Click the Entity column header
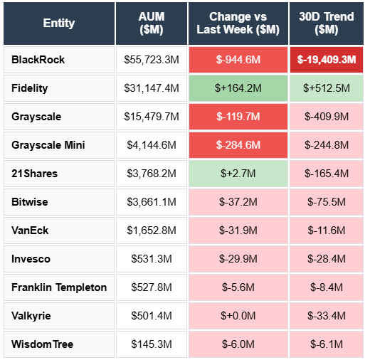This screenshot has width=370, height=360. pos(58,23)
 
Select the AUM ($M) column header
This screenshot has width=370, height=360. pos(152,23)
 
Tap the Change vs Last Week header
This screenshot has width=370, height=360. pos(238,23)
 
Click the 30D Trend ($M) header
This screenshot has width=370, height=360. pos(327,23)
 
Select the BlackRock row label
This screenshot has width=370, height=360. pos(38,60)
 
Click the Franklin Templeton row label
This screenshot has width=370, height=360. pos(59,287)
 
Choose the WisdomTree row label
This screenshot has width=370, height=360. pos(43,344)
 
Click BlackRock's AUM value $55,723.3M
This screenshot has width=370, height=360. pos(152,60)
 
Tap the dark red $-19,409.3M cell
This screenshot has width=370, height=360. pos(327,60)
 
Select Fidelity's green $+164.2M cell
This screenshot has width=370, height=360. pos(238,88)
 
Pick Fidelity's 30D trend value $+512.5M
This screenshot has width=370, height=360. pos(327,88)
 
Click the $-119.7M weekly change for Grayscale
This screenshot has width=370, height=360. pos(238,117)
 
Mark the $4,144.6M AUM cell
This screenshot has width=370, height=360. pos(152,145)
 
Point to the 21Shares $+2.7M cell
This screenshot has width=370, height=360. pos(238,174)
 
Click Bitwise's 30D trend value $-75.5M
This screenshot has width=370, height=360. pos(327,202)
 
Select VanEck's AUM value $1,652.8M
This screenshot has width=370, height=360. pos(152,231)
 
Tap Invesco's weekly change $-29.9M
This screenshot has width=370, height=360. pos(238,259)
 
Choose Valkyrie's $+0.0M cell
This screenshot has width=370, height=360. pos(238,316)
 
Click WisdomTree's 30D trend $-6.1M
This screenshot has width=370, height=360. pos(327,344)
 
